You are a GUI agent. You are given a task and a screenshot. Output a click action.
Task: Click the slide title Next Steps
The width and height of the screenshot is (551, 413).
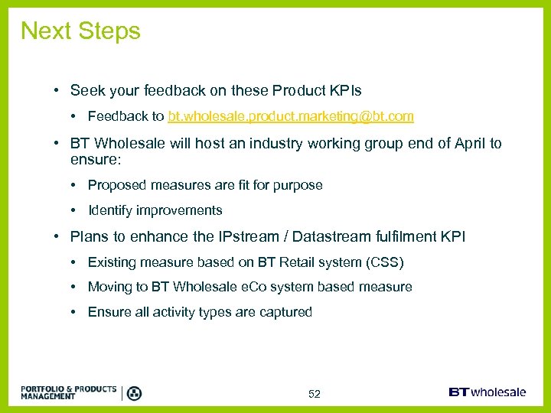pos(80,31)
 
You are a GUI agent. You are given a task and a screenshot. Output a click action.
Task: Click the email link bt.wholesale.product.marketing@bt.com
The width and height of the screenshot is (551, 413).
pos(291,116)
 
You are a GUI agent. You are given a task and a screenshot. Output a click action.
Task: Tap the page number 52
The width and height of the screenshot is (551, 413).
pos(314,394)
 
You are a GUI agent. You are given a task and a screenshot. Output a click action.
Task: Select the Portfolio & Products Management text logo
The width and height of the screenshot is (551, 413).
pos(68,392)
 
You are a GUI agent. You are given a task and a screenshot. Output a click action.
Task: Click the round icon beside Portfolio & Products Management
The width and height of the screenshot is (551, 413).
pos(134,393)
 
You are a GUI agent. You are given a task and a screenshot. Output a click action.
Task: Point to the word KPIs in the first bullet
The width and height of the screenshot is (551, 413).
pos(344,90)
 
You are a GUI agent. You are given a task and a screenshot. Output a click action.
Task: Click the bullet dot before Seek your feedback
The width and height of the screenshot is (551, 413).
pos(57,91)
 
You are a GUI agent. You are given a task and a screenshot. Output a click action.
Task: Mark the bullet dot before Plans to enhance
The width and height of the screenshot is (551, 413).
pos(57,237)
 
